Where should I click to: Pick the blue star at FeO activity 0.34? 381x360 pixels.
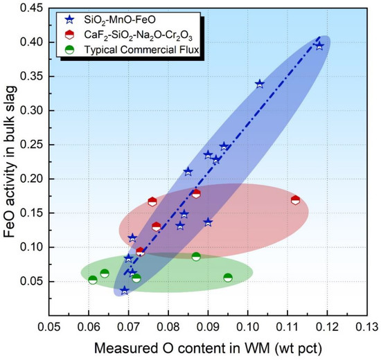[260, 83]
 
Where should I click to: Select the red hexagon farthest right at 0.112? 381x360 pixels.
[296, 200]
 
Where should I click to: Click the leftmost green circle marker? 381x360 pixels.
[93, 280]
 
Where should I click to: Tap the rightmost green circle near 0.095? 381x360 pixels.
[228, 278]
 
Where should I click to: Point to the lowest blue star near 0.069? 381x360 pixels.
[125, 290]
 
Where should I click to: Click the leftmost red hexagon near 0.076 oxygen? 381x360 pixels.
[152, 201]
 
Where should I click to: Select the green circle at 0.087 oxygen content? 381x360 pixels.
[196, 256]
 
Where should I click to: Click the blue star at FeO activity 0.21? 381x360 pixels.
[188, 171]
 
